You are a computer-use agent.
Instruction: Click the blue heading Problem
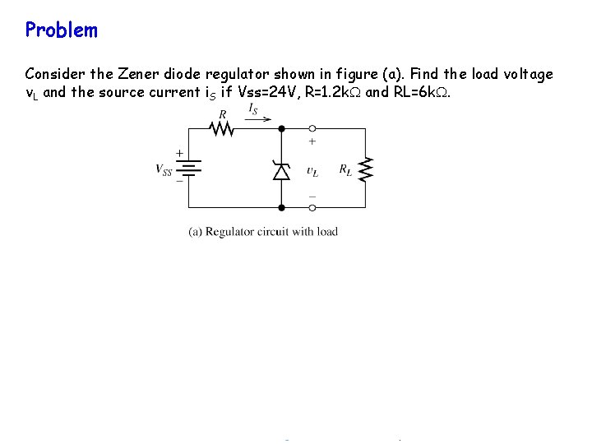[61, 30]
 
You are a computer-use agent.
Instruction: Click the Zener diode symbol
[281, 170]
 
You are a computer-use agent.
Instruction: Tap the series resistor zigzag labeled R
[220, 128]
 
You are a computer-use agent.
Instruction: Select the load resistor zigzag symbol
[366, 169]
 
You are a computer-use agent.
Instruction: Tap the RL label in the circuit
[345, 171]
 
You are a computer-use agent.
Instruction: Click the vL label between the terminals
[312, 171]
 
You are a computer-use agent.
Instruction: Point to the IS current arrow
[258, 119]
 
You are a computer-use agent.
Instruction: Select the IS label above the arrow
[253, 109]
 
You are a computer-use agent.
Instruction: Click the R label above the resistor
[223, 115]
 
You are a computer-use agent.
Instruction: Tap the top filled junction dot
[281, 128]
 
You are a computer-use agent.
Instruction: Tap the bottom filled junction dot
[281, 208]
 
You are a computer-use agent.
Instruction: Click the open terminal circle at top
[312, 128]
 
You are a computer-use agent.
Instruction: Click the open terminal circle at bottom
[312, 208]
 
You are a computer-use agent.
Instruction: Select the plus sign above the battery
[180, 153]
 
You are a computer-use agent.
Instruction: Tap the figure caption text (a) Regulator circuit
[263, 232]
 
